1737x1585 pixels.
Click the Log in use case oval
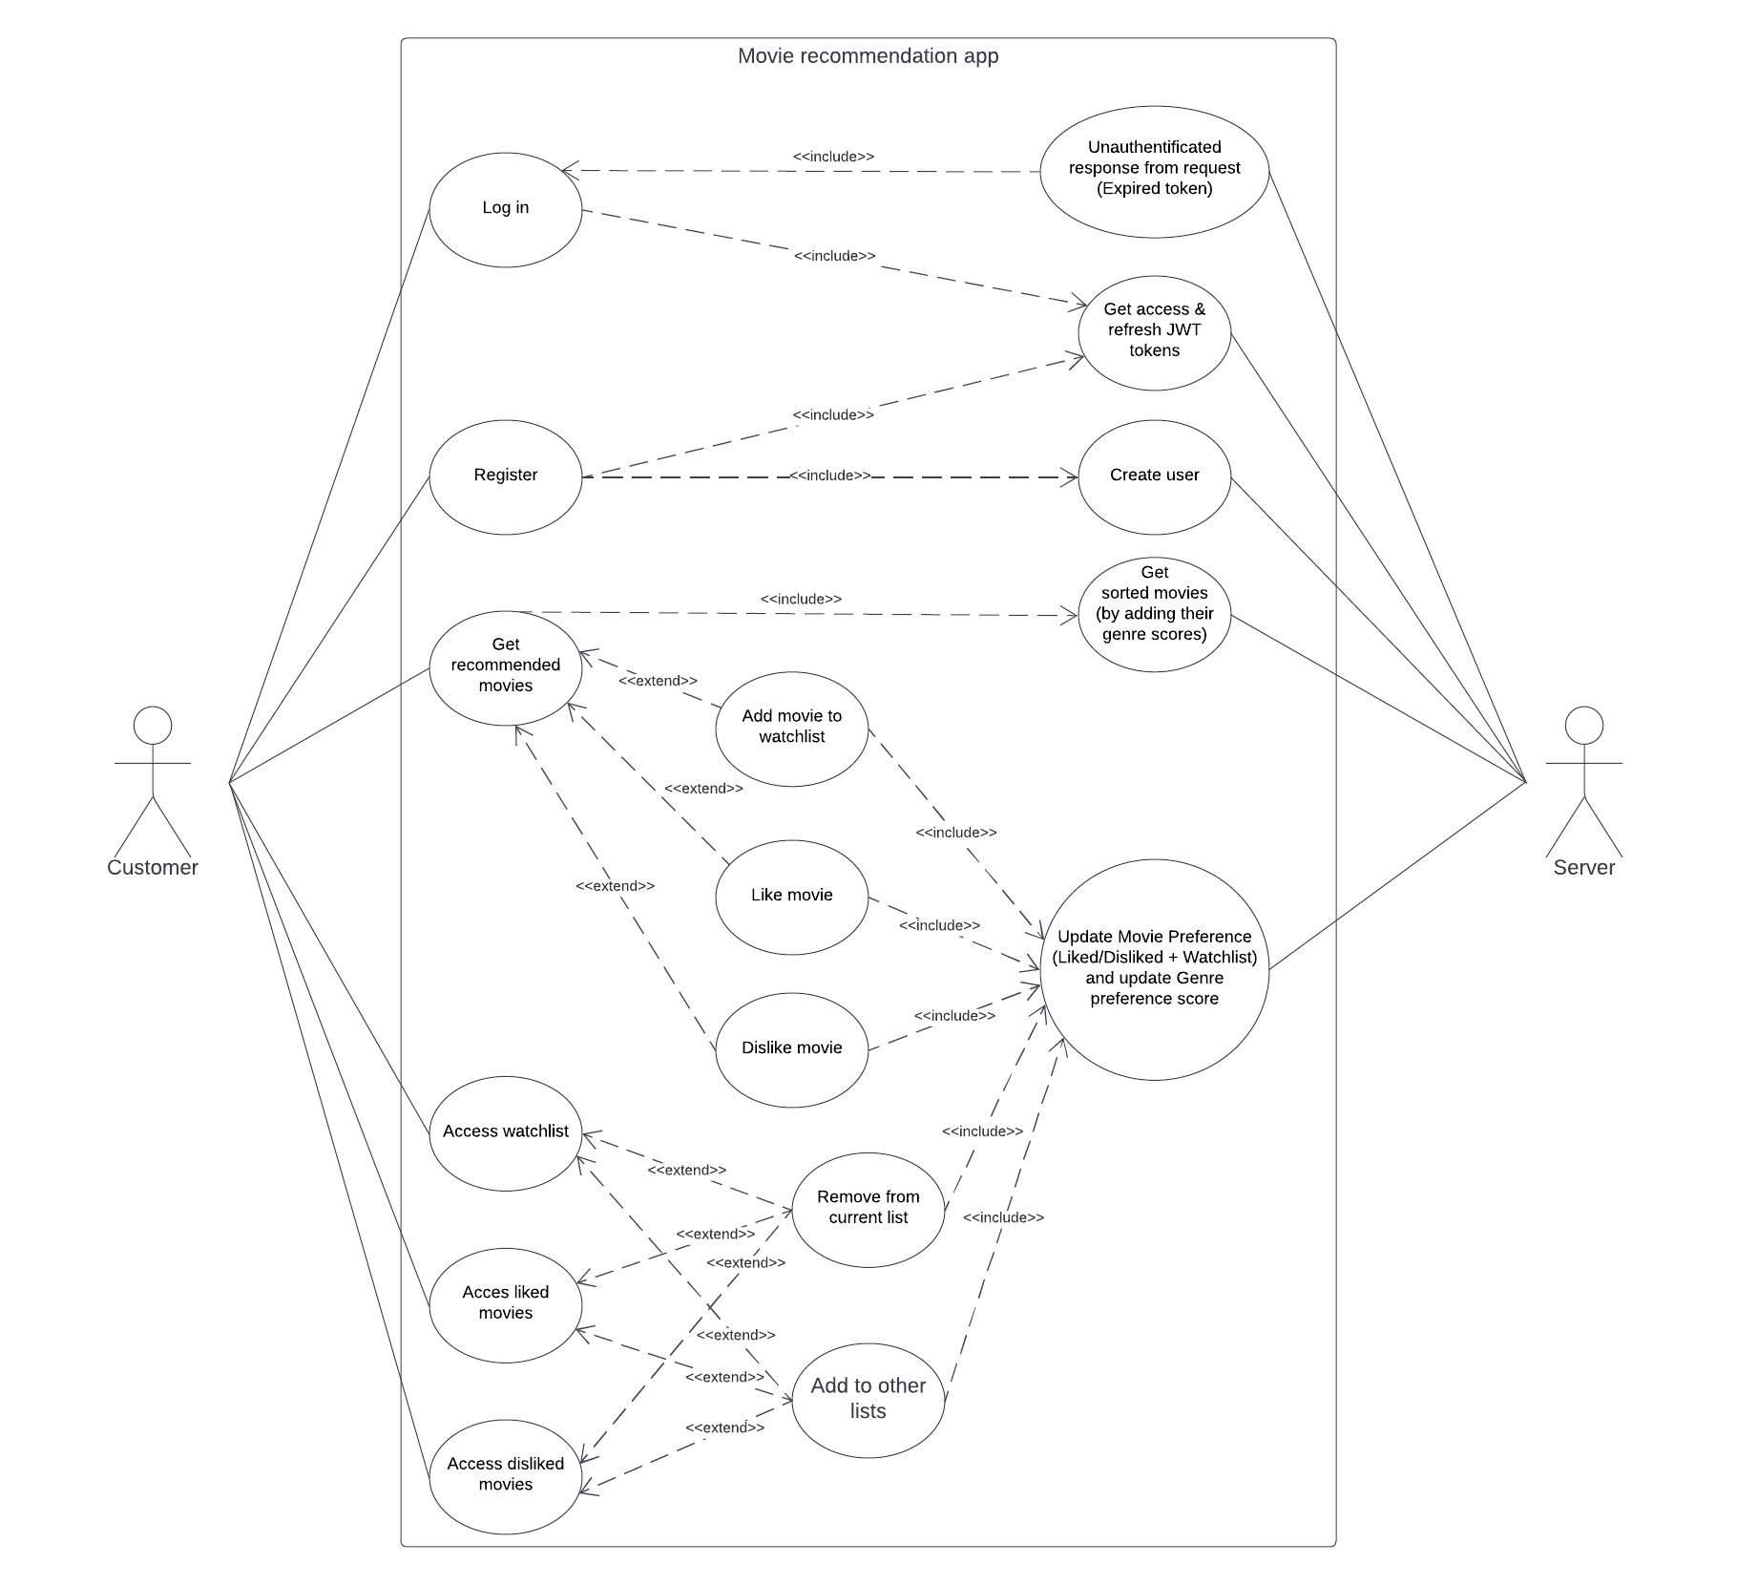(505, 209)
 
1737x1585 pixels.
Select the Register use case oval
(505, 475)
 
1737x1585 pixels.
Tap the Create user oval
(1154, 475)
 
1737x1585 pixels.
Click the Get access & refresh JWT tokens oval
(1154, 331)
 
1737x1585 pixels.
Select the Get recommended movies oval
(505, 666)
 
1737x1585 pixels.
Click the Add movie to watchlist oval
(791, 728)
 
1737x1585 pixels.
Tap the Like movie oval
(791, 896)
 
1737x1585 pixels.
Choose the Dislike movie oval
(791, 1048)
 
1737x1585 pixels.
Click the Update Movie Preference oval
(1154, 968)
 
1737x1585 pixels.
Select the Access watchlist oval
(505, 1132)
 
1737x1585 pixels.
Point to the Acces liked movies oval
(505, 1303)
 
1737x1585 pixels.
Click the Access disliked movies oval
(505, 1475)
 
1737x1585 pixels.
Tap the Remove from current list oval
(868, 1208)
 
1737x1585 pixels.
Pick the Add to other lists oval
(868, 1399)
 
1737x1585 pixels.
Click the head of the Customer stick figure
(152, 726)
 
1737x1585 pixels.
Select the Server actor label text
(1583, 868)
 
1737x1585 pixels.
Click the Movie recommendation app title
(868, 55)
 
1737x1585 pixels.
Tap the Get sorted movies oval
(1154, 613)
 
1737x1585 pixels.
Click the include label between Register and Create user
(829, 475)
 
